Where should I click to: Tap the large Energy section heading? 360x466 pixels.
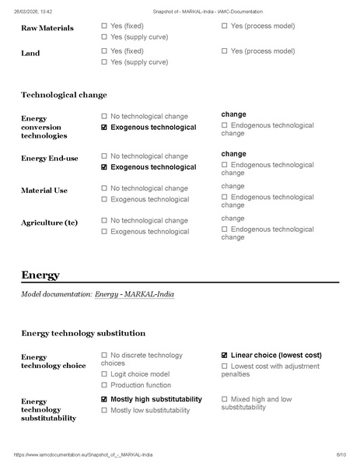[40, 275]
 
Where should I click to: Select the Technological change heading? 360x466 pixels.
[64, 95]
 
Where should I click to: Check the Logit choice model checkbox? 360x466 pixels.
[104, 374]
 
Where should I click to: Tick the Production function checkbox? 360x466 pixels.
[104, 385]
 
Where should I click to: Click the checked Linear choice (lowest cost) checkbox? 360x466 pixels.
[225, 356]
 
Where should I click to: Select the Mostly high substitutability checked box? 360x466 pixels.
[104, 399]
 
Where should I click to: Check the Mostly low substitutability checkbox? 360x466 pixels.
[104, 410]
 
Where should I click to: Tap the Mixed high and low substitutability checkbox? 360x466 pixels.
[225, 399]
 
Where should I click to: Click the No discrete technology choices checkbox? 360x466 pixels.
[104, 356]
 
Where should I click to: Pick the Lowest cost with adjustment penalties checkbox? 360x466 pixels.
[225, 366]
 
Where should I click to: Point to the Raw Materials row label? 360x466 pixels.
[47, 28]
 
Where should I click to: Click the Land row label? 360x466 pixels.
[30, 54]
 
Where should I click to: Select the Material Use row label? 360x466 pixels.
[44, 191]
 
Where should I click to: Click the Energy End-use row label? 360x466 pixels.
[50, 159]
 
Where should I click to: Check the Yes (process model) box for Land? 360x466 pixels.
[225, 51]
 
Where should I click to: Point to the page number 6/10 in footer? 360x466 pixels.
[341, 454]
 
